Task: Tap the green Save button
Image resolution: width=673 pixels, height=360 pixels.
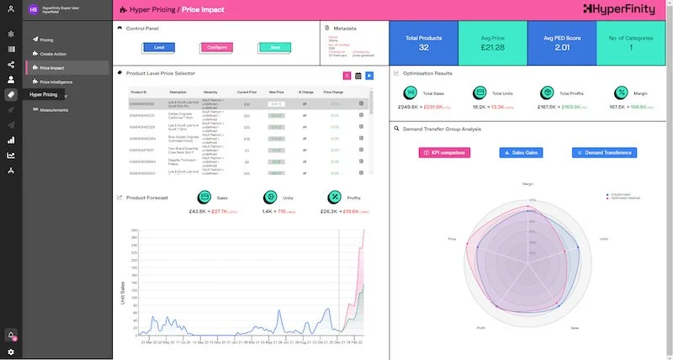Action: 275,48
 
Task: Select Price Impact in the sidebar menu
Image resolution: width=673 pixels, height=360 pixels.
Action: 52,67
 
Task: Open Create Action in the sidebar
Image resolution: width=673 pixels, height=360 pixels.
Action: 54,53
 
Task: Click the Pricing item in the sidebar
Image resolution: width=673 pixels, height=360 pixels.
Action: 46,40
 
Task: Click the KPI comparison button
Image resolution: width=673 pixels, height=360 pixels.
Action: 444,152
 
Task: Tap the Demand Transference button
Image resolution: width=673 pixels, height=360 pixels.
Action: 605,152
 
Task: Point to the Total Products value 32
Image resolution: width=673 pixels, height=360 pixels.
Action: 423,48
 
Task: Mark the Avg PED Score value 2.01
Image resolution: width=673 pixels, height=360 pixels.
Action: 563,48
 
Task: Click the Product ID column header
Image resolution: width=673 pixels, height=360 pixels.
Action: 140,92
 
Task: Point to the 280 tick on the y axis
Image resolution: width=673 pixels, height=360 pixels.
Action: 134,230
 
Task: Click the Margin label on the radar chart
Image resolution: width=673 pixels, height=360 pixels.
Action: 528,183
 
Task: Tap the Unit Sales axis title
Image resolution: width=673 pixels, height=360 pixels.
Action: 123,290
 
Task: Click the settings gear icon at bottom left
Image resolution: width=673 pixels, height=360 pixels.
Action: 11,352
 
